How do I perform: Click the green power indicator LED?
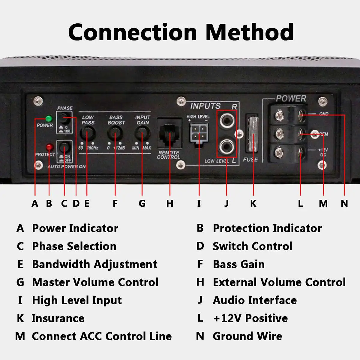(48, 118)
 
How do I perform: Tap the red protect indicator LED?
(49, 147)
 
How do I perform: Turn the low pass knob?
(87, 132)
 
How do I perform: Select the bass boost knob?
(115, 132)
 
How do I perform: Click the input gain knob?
(142, 132)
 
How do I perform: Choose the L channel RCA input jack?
(226, 147)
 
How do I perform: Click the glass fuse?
(252, 135)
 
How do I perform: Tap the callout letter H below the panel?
(170, 203)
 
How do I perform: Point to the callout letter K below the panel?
(253, 203)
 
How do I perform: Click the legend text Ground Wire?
(247, 336)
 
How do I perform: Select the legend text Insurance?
(58, 318)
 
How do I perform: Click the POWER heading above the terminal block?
(291, 98)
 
